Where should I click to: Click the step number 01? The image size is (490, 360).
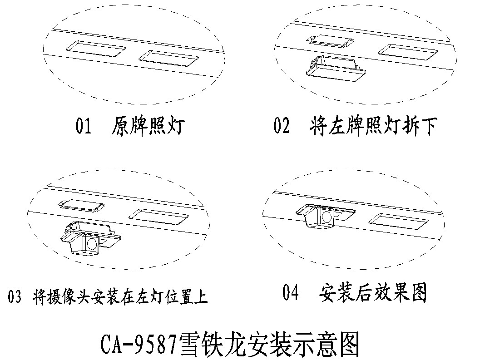point(84,127)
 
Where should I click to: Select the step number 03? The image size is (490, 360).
point(15,298)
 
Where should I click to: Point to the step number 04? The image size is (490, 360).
point(291,293)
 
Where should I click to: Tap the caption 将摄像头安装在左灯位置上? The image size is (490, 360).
point(120,298)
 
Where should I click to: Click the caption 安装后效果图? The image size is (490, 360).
point(373,293)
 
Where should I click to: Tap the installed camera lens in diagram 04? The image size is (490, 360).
point(326,217)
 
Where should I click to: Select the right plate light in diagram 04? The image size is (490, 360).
point(398,222)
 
